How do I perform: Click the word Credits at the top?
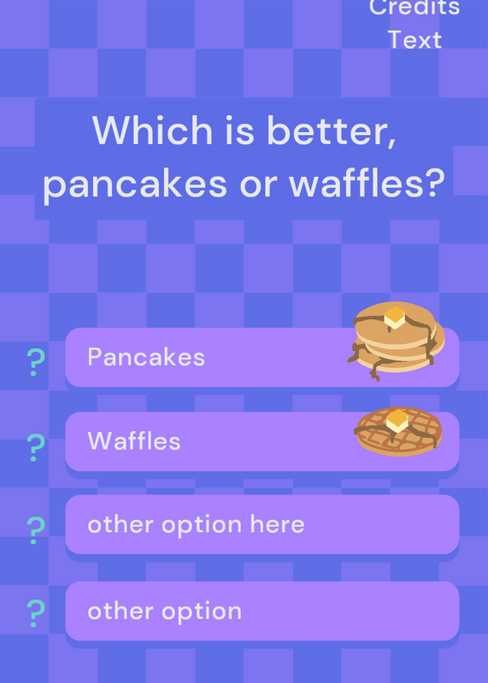click(415, 8)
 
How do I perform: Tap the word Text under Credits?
click(415, 40)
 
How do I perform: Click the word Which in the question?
click(152, 130)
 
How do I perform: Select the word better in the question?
click(332, 131)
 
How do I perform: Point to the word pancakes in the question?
click(135, 184)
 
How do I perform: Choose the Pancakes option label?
click(146, 357)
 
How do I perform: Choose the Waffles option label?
click(134, 441)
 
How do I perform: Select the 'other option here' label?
click(196, 524)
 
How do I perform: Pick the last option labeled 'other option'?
click(164, 611)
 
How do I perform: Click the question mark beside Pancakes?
click(36, 362)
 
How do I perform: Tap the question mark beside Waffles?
click(36, 447)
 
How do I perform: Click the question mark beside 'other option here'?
click(36, 530)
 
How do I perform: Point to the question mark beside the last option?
click(36, 613)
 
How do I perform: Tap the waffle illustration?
click(399, 431)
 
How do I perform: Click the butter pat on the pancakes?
click(395, 317)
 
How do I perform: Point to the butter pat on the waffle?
click(397, 420)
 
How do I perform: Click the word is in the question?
click(239, 131)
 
